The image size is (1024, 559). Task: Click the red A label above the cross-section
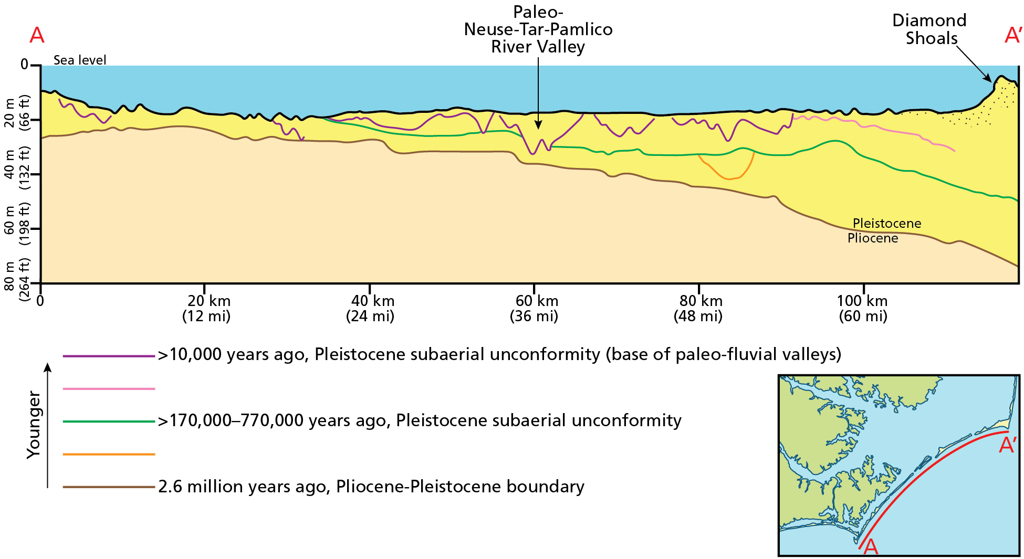(x=37, y=36)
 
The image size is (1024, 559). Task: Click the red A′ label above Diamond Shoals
(x=1012, y=36)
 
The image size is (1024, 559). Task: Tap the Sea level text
(x=80, y=60)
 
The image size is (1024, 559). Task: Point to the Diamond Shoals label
(x=930, y=29)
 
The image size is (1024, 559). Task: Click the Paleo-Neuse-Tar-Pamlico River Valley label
(x=538, y=29)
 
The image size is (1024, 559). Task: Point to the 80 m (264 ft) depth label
(x=17, y=279)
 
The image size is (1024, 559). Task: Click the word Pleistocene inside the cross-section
(x=887, y=224)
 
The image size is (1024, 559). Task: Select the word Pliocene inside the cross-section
(x=873, y=238)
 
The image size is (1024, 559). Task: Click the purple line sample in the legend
(x=109, y=356)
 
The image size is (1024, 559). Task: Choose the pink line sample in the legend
(x=109, y=389)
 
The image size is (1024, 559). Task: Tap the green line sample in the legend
(x=109, y=421)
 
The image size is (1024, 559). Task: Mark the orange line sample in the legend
(x=109, y=454)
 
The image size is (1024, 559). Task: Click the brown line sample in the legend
(x=109, y=487)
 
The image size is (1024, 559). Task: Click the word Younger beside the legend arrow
(x=34, y=425)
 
